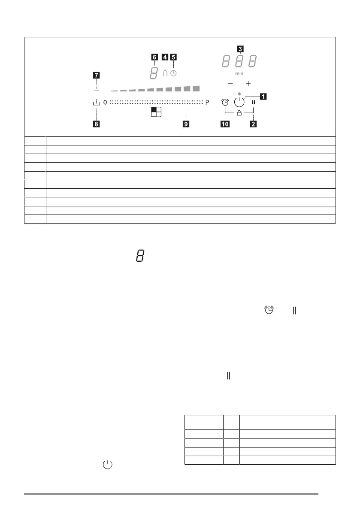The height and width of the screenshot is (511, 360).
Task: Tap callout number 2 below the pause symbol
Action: point(254,124)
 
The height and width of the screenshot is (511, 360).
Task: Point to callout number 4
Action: point(165,56)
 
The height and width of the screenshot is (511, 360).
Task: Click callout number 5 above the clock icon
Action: point(173,56)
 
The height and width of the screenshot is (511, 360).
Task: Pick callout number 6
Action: point(154,56)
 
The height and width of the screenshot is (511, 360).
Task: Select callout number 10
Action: point(225,124)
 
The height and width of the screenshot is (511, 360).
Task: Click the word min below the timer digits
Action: point(239,73)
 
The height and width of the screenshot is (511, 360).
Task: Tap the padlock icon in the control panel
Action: point(239,113)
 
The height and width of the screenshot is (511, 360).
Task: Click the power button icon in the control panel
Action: point(239,103)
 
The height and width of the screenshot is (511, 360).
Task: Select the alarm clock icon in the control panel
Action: point(225,103)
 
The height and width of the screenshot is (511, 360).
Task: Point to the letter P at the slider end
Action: point(207,103)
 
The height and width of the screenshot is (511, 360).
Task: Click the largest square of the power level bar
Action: point(196,88)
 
